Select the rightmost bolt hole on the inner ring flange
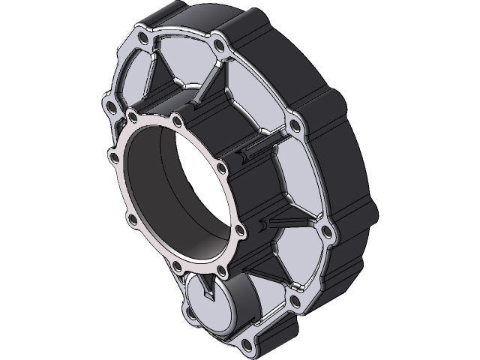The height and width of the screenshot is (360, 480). point(239,229)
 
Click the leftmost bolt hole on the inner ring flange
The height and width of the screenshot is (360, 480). point(114,156)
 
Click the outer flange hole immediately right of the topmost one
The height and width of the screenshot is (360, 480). point(218,46)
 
